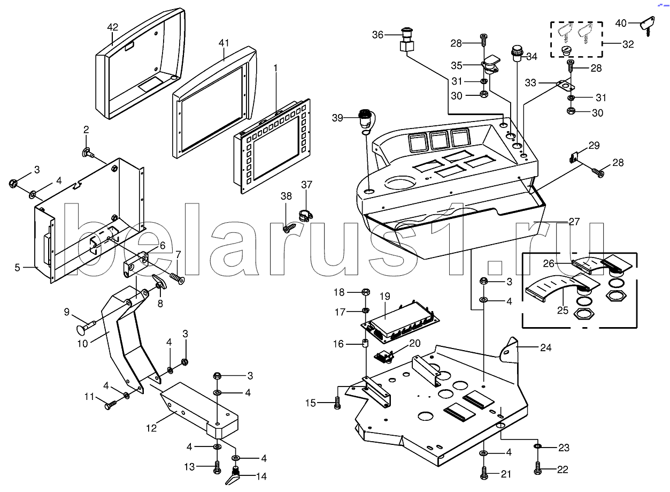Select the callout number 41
pos(224,43)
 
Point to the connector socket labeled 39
pos(364,118)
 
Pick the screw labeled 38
pos(287,228)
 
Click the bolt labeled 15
pos(337,403)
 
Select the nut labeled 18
pos(366,292)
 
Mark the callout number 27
pos(574,221)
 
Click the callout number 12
pos(151,428)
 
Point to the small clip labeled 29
pos(573,157)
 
